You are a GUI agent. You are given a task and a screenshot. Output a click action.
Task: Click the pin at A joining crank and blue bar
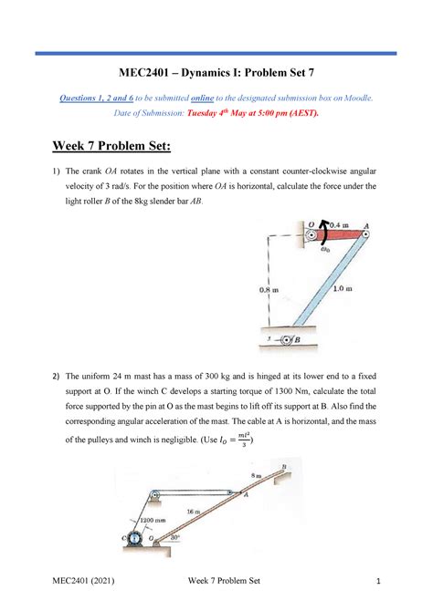point(363,233)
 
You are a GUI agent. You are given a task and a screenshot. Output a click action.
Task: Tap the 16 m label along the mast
point(195,513)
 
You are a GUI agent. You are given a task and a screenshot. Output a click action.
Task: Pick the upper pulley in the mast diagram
point(154,495)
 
